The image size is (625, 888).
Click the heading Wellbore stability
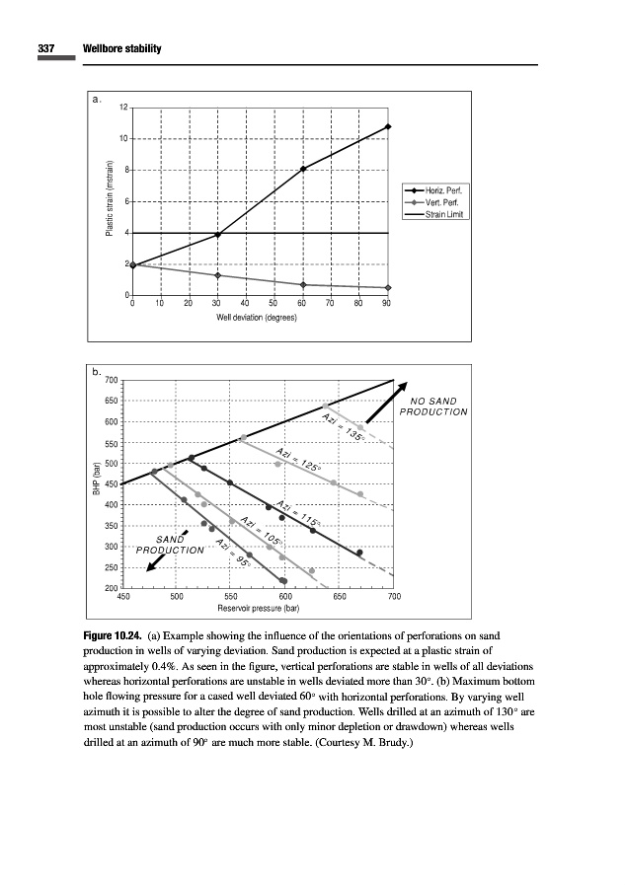[x=122, y=48]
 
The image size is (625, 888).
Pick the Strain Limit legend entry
[x=445, y=214]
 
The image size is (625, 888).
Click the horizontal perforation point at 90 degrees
[x=389, y=127]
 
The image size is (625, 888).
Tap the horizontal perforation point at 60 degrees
[x=303, y=169]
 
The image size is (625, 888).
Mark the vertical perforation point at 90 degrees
[x=389, y=288]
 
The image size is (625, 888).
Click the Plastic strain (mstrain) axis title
[x=109, y=202]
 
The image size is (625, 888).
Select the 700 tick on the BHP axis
[x=112, y=381]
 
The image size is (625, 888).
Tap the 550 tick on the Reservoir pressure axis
[x=231, y=597]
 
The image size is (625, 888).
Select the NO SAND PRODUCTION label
[x=433, y=406]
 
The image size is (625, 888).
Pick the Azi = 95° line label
[x=231, y=560]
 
